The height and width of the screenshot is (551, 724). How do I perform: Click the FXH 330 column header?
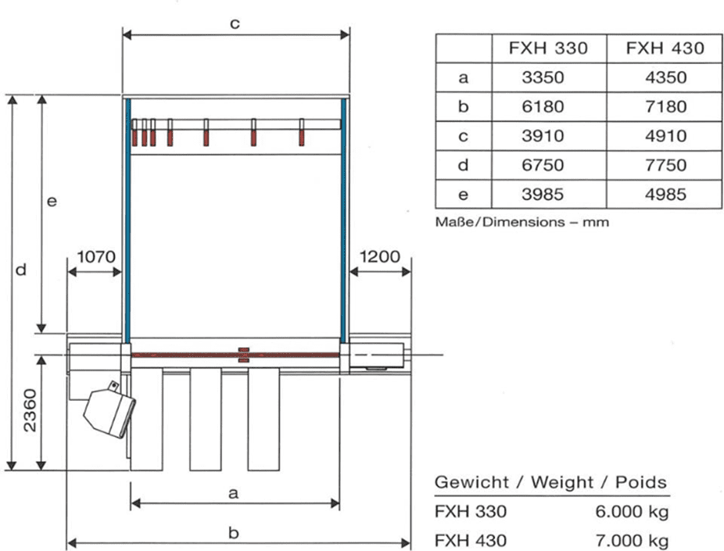[x=548, y=48]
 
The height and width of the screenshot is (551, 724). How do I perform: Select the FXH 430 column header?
[x=665, y=48]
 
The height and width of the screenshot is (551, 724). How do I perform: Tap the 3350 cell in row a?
[x=543, y=77]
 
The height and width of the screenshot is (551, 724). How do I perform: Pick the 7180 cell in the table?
[x=666, y=106]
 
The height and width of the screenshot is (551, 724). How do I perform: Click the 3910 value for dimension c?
[x=543, y=136]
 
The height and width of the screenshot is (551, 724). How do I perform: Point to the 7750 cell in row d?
[x=666, y=165]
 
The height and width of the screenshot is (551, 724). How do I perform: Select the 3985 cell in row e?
[x=543, y=195]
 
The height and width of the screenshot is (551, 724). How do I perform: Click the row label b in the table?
[x=463, y=106]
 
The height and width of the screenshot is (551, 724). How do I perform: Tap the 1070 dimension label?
[x=96, y=256]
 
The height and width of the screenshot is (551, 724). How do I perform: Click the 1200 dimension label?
[x=379, y=256]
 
